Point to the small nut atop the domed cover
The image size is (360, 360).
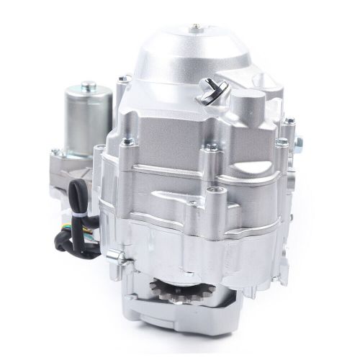click(x=194, y=28)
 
